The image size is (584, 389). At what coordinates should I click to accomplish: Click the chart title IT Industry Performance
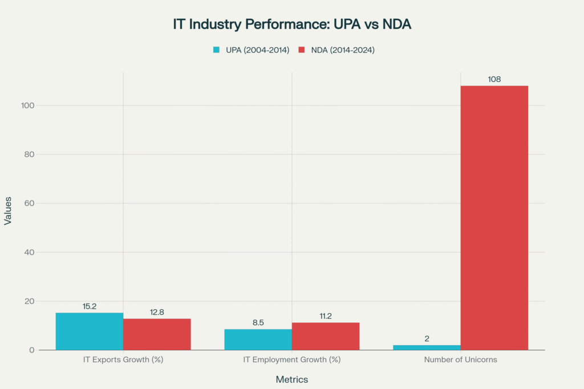(x=292, y=24)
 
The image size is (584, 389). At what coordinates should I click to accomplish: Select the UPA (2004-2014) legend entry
(x=250, y=50)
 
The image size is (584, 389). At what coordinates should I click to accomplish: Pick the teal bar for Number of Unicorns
(x=427, y=347)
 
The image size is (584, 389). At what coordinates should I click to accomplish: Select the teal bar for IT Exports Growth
(x=90, y=331)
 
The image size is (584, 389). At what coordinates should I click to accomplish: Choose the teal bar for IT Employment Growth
(x=258, y=339)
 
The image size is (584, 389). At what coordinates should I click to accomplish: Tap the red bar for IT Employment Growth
(x=326, y=336)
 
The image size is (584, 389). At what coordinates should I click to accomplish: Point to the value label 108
(x=494, y=79)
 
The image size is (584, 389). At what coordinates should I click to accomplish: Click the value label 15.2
(x=90, y=306)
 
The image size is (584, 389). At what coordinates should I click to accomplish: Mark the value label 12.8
(x=157, y=312)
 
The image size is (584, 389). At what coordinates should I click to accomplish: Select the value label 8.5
(x=258, y=323)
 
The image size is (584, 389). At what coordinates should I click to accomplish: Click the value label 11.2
(x=326, y=316)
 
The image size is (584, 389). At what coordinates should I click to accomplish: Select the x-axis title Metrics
(x=292, y=379)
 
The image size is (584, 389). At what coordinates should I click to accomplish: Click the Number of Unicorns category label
(x=460, y=360)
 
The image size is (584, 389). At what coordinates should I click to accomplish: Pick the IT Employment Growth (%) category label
(x=292, y=360)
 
